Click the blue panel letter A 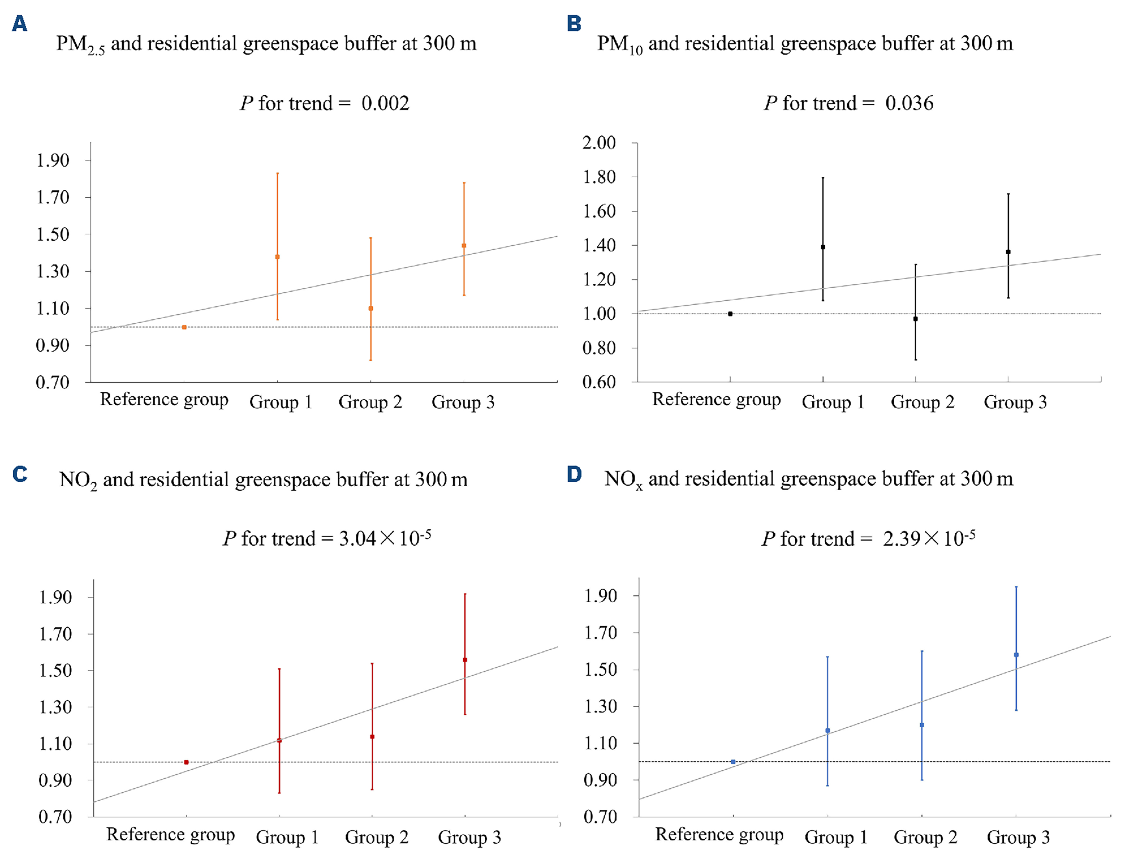pyautogui.click(x=19, y=24)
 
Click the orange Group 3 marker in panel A pyautogui.click(x=464, y=246)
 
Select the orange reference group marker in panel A pyautogui.click(x=184, y=327)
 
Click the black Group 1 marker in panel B pyautogui.click(x=823, y=247)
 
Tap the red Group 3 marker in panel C pyautogui.click(x=465, y=660)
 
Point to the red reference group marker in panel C pyautogui.click(x=186, y=762)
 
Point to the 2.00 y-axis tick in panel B pyautogui.click(x=599, y=143)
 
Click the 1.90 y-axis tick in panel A pyautogui.click(x=52, y=161)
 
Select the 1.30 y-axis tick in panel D pyautogui.click(x=600, y=706)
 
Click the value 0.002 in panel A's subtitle pyautogui.click(x=385, y=104)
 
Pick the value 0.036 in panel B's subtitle pyautogui.click(x=909, y=104)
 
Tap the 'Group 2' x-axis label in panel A pyautogui.click(x=370, y=402)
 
